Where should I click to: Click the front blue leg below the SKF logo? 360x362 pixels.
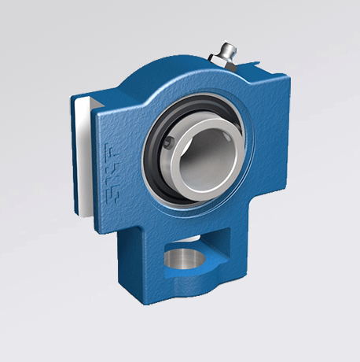tap(130, 252)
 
